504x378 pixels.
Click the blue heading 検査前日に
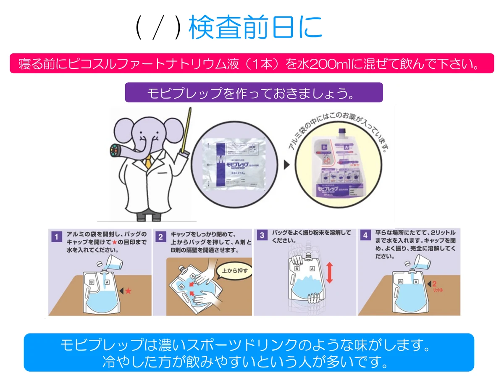(255, 28)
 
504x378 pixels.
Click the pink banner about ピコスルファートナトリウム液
(252, 63)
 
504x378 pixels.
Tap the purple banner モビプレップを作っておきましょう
(254, 92)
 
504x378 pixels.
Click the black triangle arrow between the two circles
(287, 165)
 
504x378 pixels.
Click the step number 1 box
(56, 236)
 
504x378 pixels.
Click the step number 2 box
(160, 236)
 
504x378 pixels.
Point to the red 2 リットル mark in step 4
(436, 286)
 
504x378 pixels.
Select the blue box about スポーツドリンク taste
(249, 352)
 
